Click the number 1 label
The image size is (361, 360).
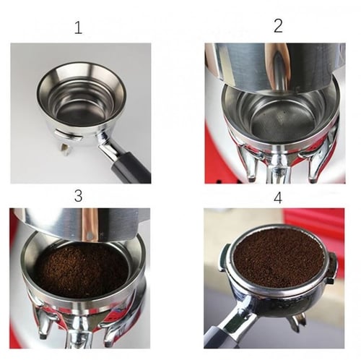78,27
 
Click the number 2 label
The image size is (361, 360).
278,26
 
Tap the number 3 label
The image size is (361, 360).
78,196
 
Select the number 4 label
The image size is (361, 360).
278,198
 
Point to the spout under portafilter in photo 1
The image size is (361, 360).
64,149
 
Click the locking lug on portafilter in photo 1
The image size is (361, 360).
67,135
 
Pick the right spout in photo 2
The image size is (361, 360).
315,166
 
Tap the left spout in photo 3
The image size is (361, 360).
45,322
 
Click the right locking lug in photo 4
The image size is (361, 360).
333,267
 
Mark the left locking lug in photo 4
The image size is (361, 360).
223,258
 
